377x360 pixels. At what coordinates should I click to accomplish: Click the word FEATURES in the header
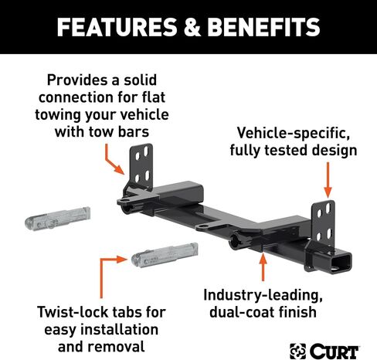coord(117,27)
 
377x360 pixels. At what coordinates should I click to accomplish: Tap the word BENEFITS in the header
coord(263,27)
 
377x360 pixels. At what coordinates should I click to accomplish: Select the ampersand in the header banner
coord(192,27)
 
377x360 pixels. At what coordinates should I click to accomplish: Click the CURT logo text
coord(335,351)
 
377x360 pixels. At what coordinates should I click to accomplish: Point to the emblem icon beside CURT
coord(298,351)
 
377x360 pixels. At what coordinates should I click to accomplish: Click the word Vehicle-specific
coord(294,133)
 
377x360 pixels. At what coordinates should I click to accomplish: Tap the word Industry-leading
coord(263,295)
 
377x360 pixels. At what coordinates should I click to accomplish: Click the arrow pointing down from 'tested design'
coord(328,180)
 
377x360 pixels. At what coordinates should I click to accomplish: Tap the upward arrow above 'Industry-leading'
coord(263,267)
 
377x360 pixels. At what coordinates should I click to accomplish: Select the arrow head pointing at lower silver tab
coord(121,260)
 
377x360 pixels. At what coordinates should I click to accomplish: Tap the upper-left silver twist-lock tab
coord(58,219)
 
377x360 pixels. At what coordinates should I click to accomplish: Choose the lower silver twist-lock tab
coord(165,255)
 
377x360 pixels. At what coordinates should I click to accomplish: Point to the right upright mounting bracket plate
coord(324,222)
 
